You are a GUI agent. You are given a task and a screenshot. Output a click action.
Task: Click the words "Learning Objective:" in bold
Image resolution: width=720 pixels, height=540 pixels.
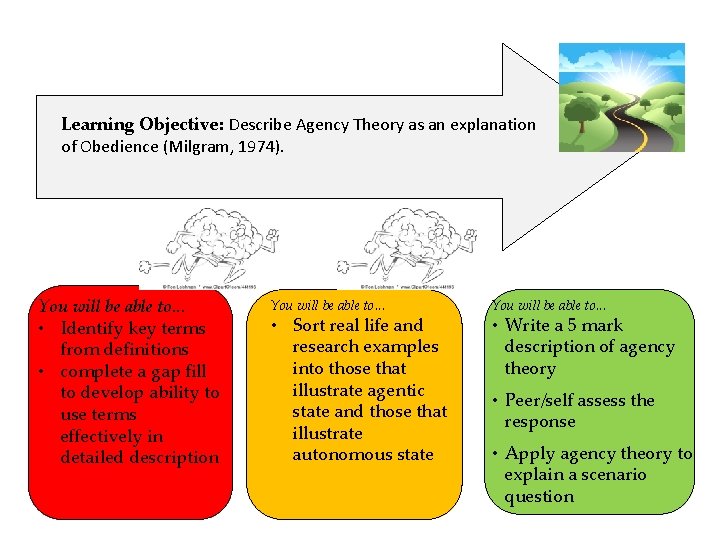pos(143,125)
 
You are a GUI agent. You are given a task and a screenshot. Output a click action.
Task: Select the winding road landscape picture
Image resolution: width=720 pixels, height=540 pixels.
pos(621,97)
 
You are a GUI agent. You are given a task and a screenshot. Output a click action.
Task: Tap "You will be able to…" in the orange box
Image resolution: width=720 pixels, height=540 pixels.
pos(326,305)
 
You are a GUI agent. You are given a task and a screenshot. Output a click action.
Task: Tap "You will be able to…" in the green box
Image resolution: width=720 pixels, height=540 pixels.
pos(549,305)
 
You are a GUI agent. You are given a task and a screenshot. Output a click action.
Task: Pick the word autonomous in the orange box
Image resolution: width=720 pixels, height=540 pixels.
pos(344,454)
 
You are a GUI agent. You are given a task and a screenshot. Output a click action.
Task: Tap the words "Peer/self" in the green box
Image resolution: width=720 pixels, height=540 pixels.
pos(545,400)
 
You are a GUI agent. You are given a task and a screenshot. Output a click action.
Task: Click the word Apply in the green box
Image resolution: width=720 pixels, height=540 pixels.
pos(530,454)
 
